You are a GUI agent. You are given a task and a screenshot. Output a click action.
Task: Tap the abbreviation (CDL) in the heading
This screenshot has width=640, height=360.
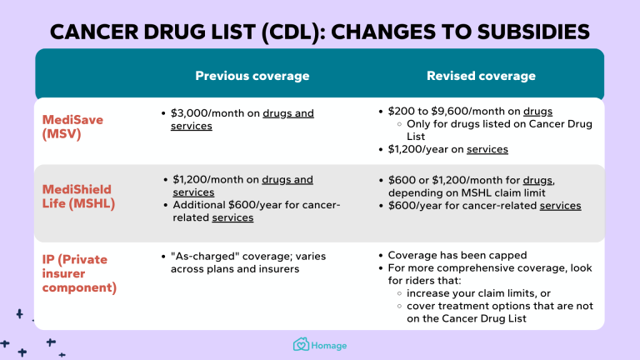point(274,32)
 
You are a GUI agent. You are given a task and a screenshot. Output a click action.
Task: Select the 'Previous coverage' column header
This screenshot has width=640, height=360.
point(252,76)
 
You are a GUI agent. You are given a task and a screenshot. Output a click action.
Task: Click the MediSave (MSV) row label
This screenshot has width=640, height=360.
point(74,127)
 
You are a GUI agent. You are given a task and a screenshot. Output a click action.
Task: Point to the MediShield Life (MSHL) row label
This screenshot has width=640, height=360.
point(77,196)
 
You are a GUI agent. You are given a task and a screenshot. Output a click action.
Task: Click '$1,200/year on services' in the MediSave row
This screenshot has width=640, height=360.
point(448,150)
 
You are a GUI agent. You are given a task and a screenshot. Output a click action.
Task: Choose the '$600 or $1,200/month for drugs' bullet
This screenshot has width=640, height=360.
point(467,180)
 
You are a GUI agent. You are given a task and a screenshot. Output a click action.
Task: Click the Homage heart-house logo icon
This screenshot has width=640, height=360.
point(301,345)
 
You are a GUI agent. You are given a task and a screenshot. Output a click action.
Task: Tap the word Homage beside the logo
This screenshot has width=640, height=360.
point(330,346)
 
